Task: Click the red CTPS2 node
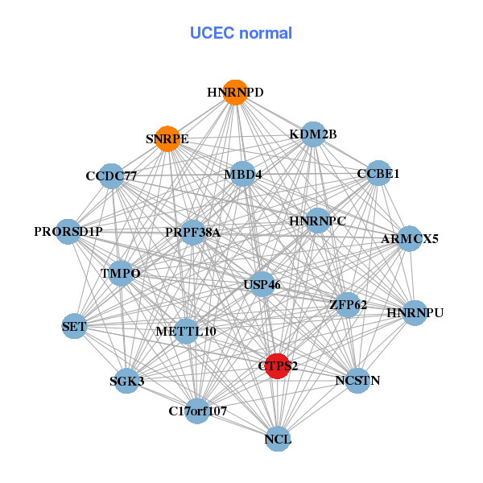click(x=278, y=365)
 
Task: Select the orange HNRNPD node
click(x=235, y=93)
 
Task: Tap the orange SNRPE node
click(x=167, y=138)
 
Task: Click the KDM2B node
click(x=313, y=134)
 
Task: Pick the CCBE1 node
click(x=378, y=174)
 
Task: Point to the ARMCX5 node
click(x=410, y=238)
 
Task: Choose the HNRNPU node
click(x=415, y=312)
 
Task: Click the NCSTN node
click(x=357, y=380)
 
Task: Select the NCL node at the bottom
click(x=278, y=440)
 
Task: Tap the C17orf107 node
click(x=198, y=411)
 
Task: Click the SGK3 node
click(x=127, y=381)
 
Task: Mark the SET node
click(x=74, y=326)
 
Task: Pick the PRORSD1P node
click(x=68, y=232)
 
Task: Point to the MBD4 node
click(x=243, y=175)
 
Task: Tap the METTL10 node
click(x=186, y=331)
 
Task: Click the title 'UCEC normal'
click(x=241, y=33)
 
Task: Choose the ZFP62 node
click(x=348, y=305)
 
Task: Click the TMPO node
click(x=121, y=274)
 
